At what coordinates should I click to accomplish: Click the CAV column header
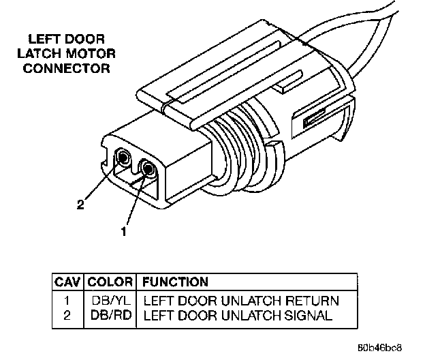point(67,282)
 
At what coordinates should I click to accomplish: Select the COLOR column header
point(110,282)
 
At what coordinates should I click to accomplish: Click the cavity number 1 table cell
point(67,301)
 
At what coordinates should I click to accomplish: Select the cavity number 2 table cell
point(67,316)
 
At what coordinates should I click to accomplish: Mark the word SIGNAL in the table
point(312,316)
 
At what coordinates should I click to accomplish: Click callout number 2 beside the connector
point(80,204)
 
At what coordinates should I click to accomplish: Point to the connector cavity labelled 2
point(123,159)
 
